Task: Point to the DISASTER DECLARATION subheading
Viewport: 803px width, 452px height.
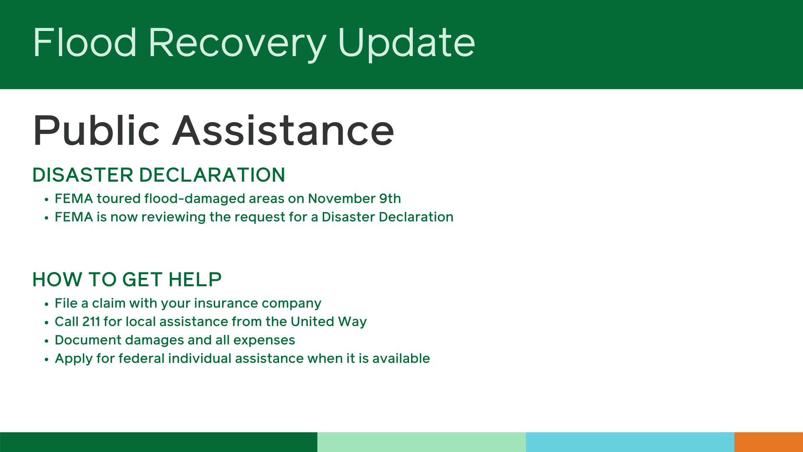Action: (x=159, y=175)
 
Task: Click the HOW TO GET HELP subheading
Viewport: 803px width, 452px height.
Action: (x=127, y=280)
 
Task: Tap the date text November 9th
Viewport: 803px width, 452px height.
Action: (x=354, y=198)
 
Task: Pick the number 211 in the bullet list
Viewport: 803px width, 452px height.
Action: (x=91, y=321)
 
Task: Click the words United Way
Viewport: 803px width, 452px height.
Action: (x=328, y=321)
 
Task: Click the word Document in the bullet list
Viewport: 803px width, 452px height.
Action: (x=88, y=340)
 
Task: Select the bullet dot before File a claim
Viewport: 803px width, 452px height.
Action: (x=46, y=304)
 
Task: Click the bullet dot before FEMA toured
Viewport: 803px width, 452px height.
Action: (x=46, y=200)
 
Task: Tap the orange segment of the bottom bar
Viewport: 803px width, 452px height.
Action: (x=768, y=442)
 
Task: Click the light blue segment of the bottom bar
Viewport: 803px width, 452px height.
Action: (x=629, y=442)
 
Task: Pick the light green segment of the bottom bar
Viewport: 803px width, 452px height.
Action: (x=421, y=442)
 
